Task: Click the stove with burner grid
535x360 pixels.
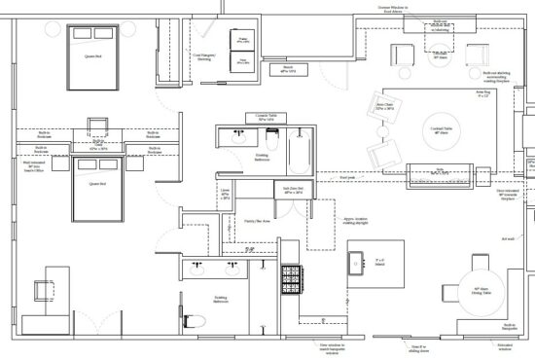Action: click(x=291, y=283)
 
